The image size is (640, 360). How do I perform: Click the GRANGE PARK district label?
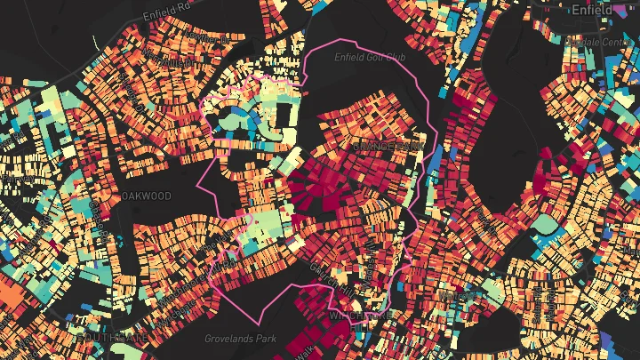pos(388,145)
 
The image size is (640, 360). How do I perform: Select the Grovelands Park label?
pos(240,339)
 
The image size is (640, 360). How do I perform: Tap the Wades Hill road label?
pos(372,254)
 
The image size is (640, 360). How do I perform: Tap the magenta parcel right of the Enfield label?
pos(630,8)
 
